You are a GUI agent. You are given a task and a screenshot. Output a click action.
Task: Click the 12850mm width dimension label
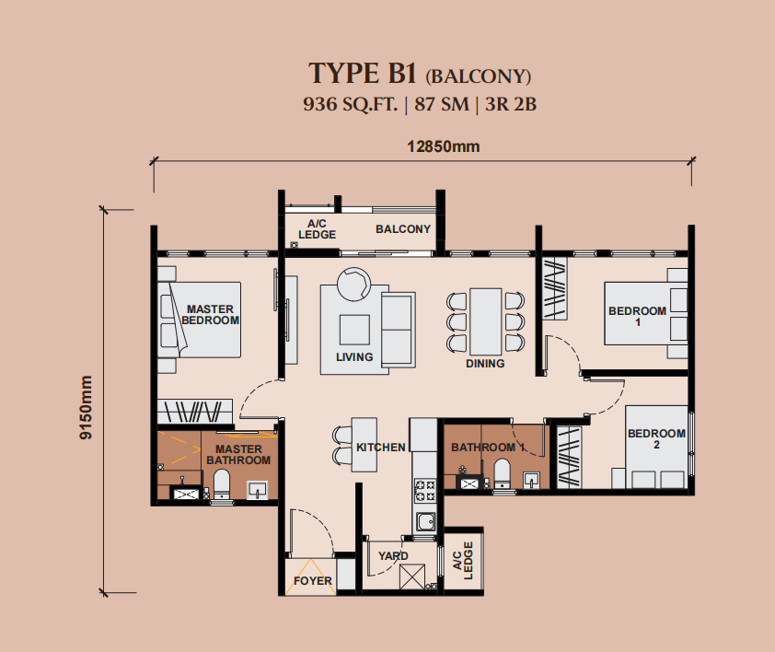click(444, 146)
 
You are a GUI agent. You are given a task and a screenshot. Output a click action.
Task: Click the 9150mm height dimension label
click(86, 407)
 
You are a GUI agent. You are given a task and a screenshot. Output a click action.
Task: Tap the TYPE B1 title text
click(363, 74)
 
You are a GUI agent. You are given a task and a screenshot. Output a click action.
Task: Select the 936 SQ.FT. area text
click(350, 104)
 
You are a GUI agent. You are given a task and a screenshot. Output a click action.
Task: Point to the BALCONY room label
click(403, 229)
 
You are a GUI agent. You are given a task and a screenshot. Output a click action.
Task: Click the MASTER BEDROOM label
click(210, 315)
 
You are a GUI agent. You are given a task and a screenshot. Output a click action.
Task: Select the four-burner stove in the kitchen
click(424, 490)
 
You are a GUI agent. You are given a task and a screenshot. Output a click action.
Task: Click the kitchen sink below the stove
click(425, 521)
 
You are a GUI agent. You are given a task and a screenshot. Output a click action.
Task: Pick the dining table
click(485, 321)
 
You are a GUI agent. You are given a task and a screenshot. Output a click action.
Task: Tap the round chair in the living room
click(353, 284)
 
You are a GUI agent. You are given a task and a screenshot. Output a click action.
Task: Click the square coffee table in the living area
click(354, 330)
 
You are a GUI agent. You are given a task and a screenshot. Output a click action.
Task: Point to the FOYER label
click(312, 581)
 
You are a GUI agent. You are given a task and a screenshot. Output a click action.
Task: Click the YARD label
click(393, 556)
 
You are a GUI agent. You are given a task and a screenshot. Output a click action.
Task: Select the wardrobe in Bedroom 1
click(555, 289)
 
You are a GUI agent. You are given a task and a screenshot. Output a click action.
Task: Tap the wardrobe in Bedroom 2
click(569, 457)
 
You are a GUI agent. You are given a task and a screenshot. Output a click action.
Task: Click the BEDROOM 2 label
click(656, 438)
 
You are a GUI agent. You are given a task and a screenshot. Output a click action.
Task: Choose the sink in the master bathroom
click(258, 490)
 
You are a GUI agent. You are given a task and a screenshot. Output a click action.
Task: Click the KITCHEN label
click(380, 448)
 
